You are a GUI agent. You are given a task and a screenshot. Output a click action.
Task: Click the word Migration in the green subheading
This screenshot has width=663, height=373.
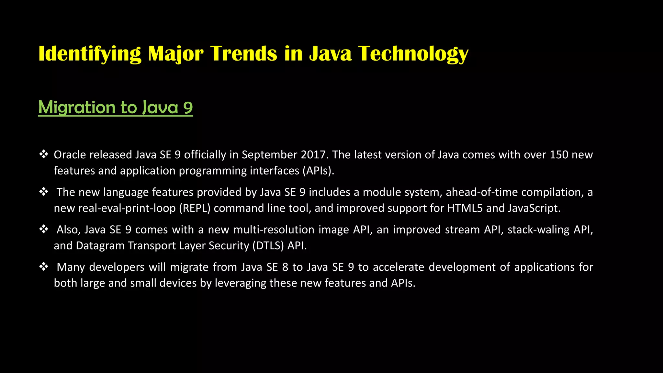click(x=77, y=107)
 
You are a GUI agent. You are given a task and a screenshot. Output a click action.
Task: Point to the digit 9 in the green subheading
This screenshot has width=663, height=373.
click(x=188, y=107)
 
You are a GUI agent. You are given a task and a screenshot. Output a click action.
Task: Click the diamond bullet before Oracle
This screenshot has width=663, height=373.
click(x=44, y=154)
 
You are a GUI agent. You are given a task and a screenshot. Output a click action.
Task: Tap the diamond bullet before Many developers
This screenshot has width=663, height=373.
click(x=44, y=266)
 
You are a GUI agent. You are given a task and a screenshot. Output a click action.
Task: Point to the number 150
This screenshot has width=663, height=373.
click(x=559, y=155)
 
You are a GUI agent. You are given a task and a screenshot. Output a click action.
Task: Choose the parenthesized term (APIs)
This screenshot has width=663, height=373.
click(x=318, y=171)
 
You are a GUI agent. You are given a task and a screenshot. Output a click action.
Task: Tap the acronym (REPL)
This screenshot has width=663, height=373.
click(x=195, y=208)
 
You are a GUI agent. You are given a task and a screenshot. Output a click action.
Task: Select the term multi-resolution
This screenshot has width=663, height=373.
click(x=274, y=230)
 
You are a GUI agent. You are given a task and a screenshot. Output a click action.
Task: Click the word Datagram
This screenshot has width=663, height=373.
click(x=100, y=246)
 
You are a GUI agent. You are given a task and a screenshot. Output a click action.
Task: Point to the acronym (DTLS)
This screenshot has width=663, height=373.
click(x=268, y=246)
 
